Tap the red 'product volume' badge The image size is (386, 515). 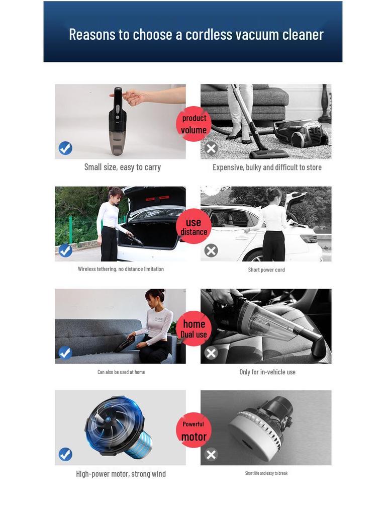194,124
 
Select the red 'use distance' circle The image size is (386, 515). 194,226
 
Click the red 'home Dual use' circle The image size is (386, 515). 194,328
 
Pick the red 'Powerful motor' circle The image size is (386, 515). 194,430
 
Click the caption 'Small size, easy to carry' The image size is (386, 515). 122,167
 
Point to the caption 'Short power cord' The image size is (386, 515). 266,270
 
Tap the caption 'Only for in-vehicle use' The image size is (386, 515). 267,372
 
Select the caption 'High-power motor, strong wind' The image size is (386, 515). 121,474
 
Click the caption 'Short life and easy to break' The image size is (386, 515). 266,473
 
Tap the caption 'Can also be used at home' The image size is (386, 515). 121,372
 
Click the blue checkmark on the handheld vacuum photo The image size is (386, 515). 65,148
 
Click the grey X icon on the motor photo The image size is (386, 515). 211,455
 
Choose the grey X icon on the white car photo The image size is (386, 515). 211,250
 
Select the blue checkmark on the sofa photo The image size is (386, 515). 65,353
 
